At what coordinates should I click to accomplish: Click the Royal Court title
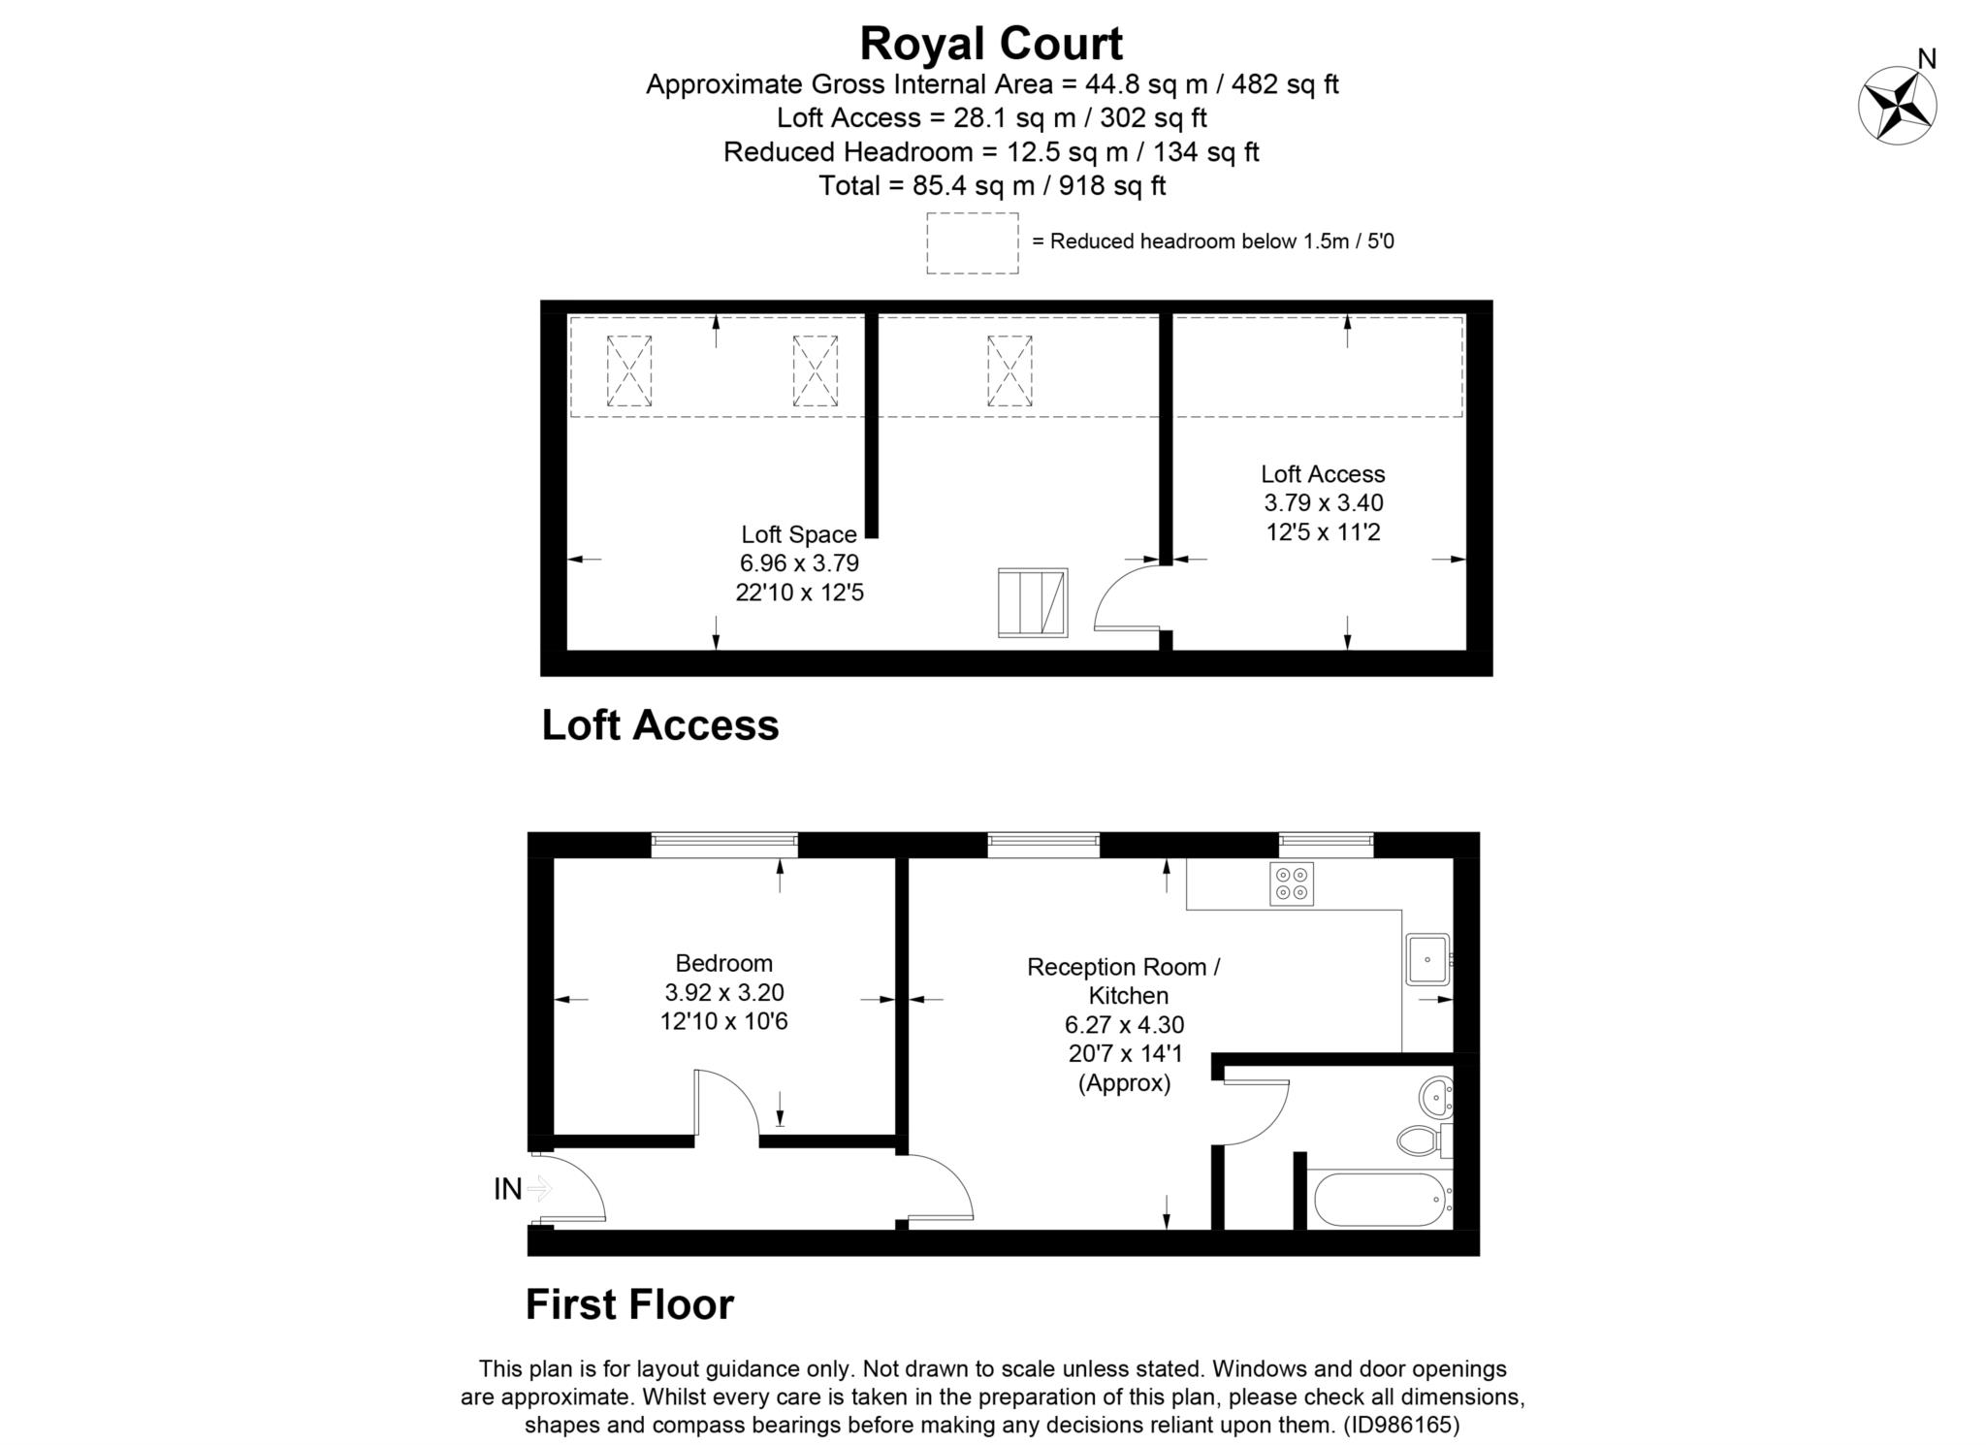coord(991,45)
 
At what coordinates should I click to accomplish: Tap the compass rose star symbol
coord(1897,106)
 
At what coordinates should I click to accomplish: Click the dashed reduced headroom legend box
coord(972,242)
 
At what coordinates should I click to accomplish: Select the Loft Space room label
coord(798,534)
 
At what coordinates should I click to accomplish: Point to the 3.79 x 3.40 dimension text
coord(1323,503)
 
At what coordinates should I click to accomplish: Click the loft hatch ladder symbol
coord(1032,602)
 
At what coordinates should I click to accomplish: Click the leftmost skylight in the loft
coord(628,370)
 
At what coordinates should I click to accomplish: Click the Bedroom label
coord(723,963)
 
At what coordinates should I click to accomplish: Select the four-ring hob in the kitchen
coord(1291,883)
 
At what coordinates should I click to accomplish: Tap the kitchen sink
coord(1426,959)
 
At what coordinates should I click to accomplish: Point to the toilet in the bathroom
coord(1421,1140)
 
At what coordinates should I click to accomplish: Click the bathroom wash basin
coord(1435,1098)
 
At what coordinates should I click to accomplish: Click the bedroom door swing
coord(725,1106)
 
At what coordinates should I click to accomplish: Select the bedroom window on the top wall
coord(723,845)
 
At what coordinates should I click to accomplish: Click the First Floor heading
coord(629,1304)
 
